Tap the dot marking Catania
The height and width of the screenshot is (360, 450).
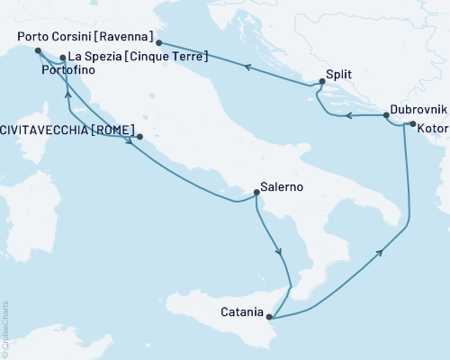click(x=269, y=317)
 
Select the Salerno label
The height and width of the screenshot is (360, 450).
click(x=281, y=188)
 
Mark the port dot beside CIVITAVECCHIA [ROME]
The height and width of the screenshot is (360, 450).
click(x=139, y=138)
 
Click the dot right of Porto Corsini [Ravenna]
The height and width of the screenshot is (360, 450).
click(x=159, y=42)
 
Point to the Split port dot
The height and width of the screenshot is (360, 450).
click(x=321, y=83)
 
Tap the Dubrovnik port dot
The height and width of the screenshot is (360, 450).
click(x=386, y=115)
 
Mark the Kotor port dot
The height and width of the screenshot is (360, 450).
click(x=411, y=125)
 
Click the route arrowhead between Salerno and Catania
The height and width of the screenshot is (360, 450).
click(x=279, y=253)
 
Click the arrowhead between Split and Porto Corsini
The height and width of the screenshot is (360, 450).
click(x=246, y=65)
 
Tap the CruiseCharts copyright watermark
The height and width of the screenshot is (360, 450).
click(x=5, y=329)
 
